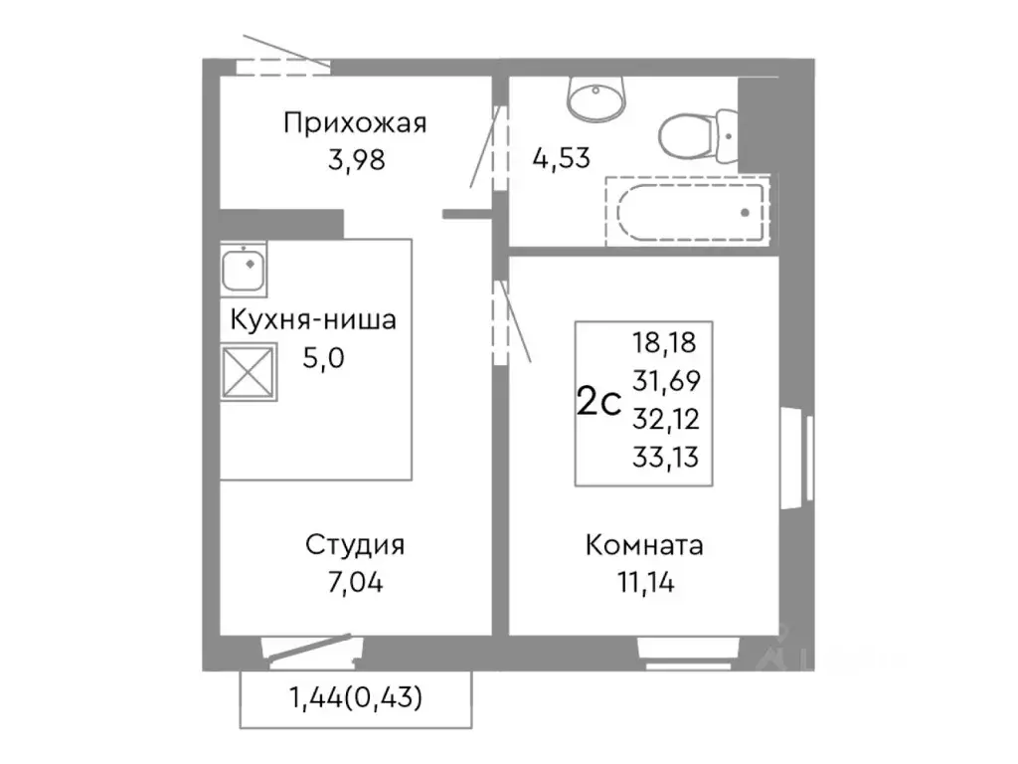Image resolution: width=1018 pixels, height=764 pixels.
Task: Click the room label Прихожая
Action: [x=354, y=123]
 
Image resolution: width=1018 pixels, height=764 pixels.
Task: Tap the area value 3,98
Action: [x=354, y=159]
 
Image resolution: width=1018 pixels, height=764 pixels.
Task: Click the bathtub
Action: [x=689, y=211]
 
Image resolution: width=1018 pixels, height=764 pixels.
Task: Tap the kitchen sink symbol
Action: [x=244, y=268]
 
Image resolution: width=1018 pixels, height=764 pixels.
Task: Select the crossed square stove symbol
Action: [x=249, y=372]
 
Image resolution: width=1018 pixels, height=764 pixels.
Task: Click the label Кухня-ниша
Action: [x=313, y=321]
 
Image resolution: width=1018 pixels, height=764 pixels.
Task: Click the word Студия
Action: [x=354, y=546]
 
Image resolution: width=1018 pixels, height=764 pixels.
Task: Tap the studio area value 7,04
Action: [x=354, y=582]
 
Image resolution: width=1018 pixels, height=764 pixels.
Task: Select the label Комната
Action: [x=644, y=546]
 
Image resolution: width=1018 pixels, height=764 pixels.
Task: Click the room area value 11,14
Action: [x=644, y=582]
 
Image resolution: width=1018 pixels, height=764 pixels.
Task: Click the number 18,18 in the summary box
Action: [x=665, y=344]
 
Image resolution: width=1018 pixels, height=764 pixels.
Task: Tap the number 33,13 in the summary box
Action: [x=665, y=457]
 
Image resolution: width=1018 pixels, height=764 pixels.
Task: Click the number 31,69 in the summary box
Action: [x=665, y=381]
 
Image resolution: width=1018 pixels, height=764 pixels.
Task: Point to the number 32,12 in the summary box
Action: [x=665, y=419]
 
